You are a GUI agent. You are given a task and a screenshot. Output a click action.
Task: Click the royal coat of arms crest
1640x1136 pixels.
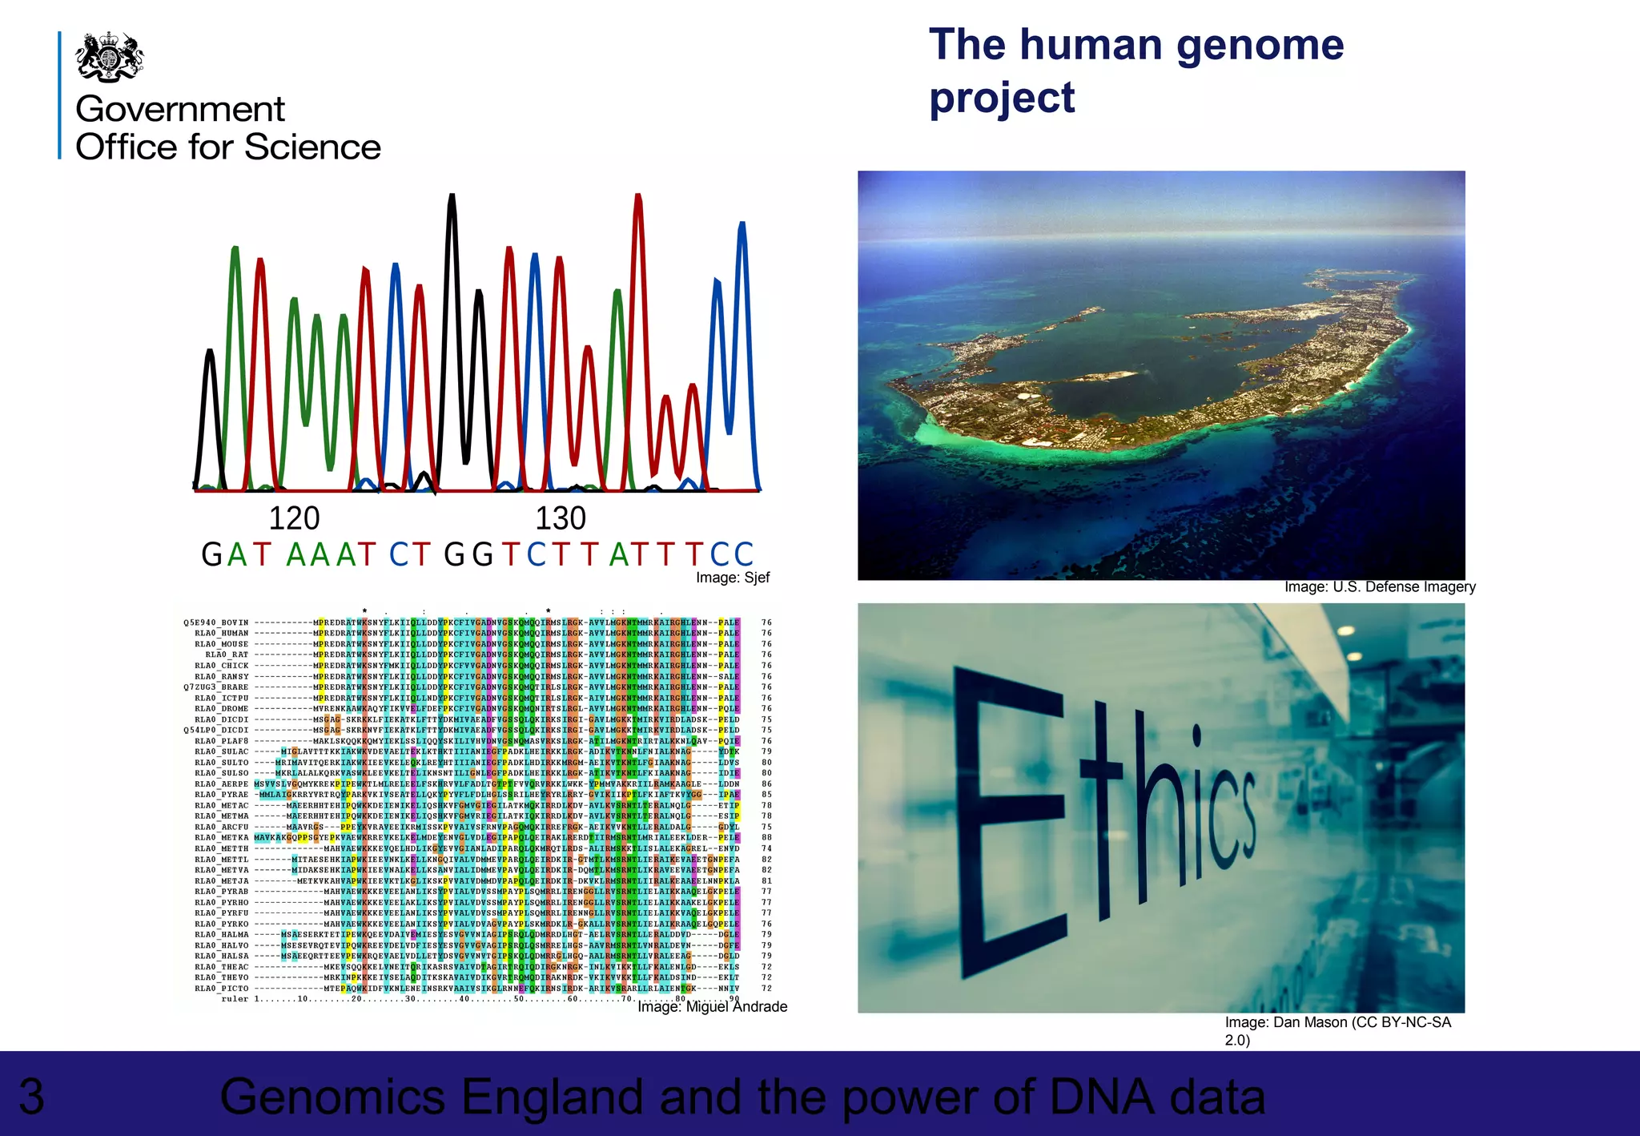(x=109, y=57)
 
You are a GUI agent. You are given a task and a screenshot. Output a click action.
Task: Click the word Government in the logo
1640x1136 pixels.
(x=180, y=109)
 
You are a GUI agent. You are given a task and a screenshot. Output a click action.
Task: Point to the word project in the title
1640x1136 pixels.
(x=1001, y=99)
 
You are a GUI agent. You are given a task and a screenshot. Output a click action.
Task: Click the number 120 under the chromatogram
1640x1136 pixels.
(x=294, y=518)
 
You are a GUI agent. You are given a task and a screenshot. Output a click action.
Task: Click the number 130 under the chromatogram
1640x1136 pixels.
(x=561, y=518)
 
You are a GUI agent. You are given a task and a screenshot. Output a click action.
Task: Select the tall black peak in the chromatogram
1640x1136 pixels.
(x=452, y=240)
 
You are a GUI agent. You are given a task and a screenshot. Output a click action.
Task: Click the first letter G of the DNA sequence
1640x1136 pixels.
(x=211, y=554)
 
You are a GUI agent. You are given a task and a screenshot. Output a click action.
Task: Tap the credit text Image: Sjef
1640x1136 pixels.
(x=732, y=578)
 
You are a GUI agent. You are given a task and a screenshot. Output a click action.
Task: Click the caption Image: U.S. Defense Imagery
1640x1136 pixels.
(x=1380, y=587)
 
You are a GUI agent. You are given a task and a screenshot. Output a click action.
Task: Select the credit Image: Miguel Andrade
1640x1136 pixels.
(x=712, y=1007)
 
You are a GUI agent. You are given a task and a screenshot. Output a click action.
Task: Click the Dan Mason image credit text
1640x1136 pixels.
(x=1337, y=1023)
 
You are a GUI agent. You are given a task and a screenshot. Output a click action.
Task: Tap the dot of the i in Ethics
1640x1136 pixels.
(x=1196, y=734)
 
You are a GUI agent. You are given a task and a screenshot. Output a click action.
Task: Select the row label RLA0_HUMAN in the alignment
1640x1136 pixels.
(x=222, y=633)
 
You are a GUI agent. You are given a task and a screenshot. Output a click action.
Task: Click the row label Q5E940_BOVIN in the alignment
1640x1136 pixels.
(x=216, y=622)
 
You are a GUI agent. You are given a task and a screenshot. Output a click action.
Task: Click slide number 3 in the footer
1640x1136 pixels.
(x=31, y=1097)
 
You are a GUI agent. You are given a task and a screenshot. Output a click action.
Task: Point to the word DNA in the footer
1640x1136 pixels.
(x=1102, y=1097)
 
